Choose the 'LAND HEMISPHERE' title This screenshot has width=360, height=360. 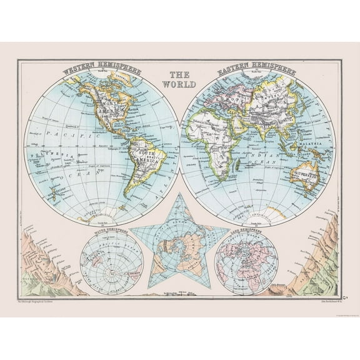pos(245,235)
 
